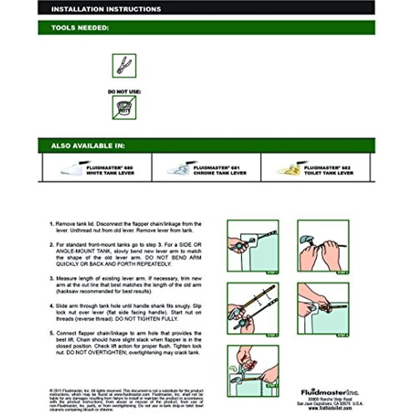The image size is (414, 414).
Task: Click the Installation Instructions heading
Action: [x=106, y=9]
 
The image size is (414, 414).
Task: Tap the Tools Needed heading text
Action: [x=80, y=28]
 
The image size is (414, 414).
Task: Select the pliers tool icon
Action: [x=124, y=66]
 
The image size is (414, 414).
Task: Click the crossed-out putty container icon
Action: [x=124, y=107]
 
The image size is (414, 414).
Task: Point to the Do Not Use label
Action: [x=124, y=91]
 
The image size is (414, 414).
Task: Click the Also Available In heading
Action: [x=88, y=146]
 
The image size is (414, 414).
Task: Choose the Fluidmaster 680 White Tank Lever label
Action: [x=110, y=170]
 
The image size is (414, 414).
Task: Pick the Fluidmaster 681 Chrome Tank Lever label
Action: [x=220, y=170]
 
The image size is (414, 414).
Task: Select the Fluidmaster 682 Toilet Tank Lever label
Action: [x=328, y=170]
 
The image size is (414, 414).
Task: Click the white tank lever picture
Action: [x=72, y=169]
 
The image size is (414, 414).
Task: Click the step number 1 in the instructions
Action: [x=51, y=224]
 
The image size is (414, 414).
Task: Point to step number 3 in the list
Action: [x=51, y=279]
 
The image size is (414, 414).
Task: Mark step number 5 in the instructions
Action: [x=51, y=333]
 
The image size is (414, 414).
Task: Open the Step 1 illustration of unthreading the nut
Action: [x=253, y=246]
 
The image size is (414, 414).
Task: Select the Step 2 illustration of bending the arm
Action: [x=323, y=246]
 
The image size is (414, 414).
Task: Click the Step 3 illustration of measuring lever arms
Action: [x=253, y=308]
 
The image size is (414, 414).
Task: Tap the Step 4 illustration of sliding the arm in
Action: [x=323, y=308]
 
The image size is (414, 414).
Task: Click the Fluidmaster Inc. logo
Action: [x=330, y=392]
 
